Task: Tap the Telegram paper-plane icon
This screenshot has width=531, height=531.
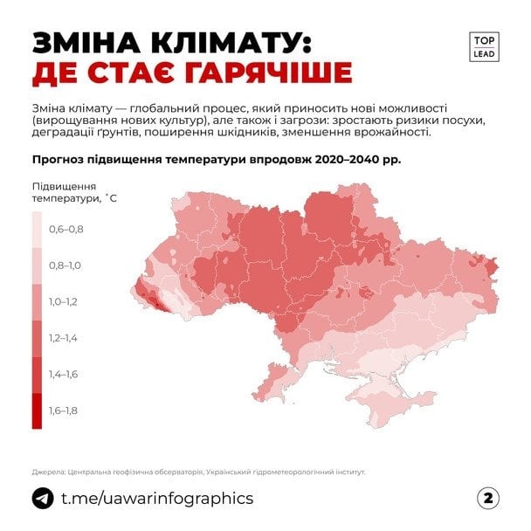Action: (x=42, y=499)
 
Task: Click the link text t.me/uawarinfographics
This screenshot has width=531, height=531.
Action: (x=157, y=499)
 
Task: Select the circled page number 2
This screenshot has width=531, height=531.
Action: (x=488, y=499)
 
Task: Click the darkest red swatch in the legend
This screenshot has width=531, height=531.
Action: (x=37, y=410)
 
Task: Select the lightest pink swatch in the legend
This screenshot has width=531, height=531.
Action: (x=37, y=230)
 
